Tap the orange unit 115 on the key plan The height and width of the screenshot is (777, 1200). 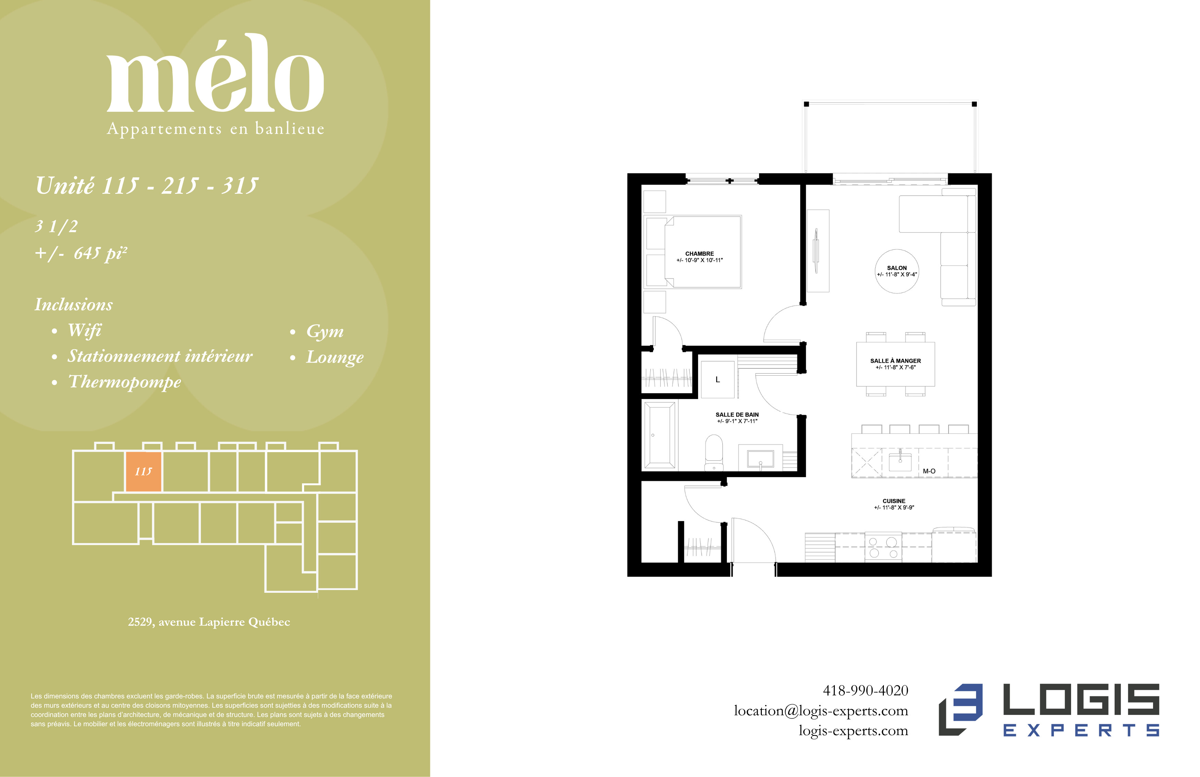pyautogui.click(x=143, y=471)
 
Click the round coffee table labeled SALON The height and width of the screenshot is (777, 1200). pyautogui.click(x=897, y=271)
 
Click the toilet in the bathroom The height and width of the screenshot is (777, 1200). pyautogui.click(x=713, y=452)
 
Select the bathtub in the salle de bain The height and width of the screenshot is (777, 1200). pyautogui.click(x=660, y=435)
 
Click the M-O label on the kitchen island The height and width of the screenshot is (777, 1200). pyautogui.click(x=929, y=471)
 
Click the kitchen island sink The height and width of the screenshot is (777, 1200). pyautogui.click(x=900, y=461)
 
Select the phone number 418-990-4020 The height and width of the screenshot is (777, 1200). pyautogui.click(x=865, y=690)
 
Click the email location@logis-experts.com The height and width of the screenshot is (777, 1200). pyautogui.click(x=821, y=711)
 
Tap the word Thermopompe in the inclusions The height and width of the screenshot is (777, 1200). pyautogui.click(x=124, y=382)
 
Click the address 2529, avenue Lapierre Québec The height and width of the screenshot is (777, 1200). pyautogui.click(x=209, y=622)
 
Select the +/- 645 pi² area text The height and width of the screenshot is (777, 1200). pyautogui.click(x=81, y=253)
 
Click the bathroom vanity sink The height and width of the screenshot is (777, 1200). pyautogui.click(x=760, y=459)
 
